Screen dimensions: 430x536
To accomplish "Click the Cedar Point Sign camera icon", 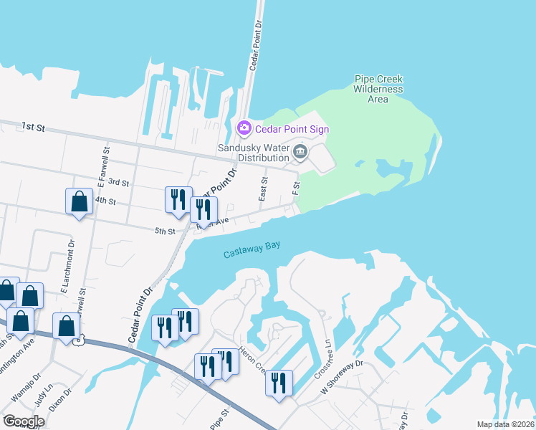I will (x=244, y=129).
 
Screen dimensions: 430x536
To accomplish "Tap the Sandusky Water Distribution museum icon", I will (x=300, y=150).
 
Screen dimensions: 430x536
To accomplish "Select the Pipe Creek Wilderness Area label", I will (x=378, y=89).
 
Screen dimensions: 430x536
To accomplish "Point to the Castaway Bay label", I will (x=251, y=249).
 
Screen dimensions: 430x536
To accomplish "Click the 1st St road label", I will (x=33, y=127).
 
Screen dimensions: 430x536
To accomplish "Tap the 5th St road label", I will (x=165, y=231).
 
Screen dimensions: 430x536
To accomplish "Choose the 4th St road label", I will (x=105, y=201).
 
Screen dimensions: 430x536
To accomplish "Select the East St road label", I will (x=264, y=188).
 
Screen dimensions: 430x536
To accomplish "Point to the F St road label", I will (x=295, y=188).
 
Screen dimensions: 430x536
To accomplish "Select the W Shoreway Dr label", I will (x=343, y=378).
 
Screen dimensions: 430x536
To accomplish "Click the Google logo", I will (x=23, y=421).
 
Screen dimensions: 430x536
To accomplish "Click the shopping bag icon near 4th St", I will (x=79, y=201).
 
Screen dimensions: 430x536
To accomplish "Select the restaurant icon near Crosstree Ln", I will (x=279, y=382).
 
